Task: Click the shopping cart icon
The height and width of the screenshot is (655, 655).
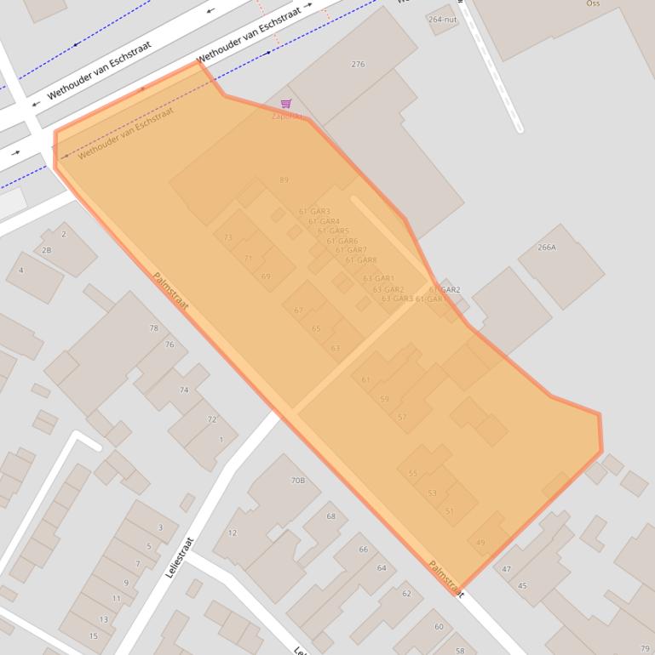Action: pos(286,104)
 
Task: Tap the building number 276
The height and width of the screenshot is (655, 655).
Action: pos(358,65)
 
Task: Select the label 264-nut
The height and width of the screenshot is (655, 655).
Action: pos(442,19)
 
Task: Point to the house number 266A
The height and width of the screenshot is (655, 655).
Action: pos(547,248)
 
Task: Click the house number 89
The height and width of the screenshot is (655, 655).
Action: pos(284,180)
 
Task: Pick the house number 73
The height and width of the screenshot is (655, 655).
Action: pos(227,238)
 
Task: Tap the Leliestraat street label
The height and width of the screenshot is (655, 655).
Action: pos(180,557)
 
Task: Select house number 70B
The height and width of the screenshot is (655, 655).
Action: pos(297,481)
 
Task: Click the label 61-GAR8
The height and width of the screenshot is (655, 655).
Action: pos(361,260)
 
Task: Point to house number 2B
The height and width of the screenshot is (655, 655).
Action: pos(46,251)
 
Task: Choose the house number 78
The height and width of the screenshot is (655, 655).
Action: pos(153,328)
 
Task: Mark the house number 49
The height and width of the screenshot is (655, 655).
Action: pos(480,543)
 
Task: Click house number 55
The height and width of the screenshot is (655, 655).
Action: pos(413,474)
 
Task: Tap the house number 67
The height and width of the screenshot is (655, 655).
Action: pos(298,310)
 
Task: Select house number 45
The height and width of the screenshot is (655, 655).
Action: pos(522,586)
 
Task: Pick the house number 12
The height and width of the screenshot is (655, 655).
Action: pos(232,533)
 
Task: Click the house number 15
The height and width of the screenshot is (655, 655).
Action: pos(93,636)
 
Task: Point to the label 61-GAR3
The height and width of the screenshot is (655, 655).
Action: pos(314,212)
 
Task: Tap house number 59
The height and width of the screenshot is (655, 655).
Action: pos(384,399)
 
